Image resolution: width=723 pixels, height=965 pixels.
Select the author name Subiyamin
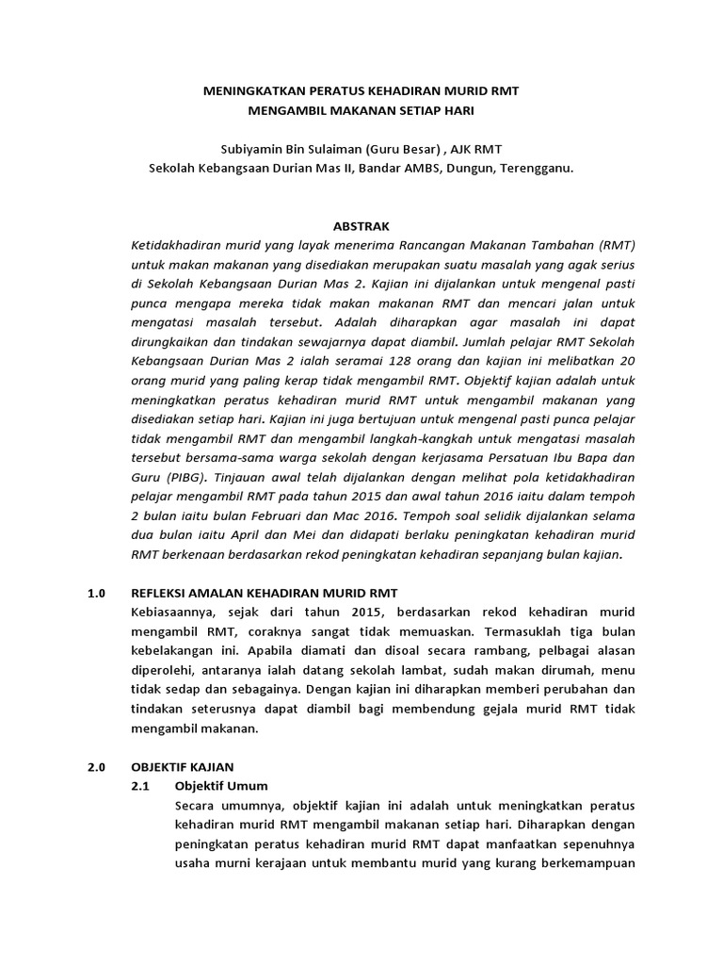coord(251,149)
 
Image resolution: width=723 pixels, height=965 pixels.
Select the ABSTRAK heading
coord(361,226)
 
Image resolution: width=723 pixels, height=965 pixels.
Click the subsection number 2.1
coord(143,785)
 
